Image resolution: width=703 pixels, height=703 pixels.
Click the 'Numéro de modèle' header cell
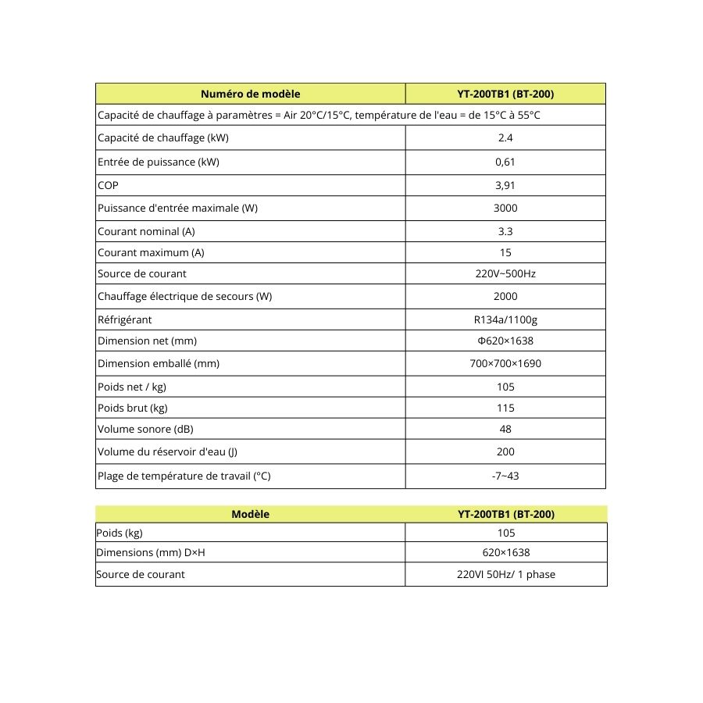[250, 94]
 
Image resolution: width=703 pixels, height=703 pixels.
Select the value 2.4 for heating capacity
[505, 138]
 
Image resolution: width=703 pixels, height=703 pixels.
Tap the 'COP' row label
[109, 186]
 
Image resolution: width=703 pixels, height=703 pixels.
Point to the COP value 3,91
[505, 186]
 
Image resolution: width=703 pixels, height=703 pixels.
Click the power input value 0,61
[505, 162]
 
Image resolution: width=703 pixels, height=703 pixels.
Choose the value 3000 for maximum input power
[505, 208]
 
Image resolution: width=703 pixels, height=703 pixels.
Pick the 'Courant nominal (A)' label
[146, 232]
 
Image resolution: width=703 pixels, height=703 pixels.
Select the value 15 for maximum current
[505, 253]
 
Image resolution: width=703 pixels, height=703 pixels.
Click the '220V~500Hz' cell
[505, 274]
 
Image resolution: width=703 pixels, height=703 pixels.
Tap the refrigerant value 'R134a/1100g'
[505, 319]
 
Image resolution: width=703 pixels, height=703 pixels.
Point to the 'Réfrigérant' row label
[125, 319]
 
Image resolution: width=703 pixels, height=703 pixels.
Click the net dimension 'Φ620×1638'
[505, 341]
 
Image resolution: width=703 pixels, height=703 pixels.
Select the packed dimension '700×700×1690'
[505, 364]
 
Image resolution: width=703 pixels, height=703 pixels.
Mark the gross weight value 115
[505, 408]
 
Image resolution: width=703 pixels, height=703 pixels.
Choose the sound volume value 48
[505, 429]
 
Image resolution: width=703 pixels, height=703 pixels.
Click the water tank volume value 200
[505, 451]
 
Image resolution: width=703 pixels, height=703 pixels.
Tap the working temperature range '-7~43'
[505, 476]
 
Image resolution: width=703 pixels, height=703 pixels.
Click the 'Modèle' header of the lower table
[250, 514]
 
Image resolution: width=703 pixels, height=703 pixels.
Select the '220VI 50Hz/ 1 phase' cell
[506, 574]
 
